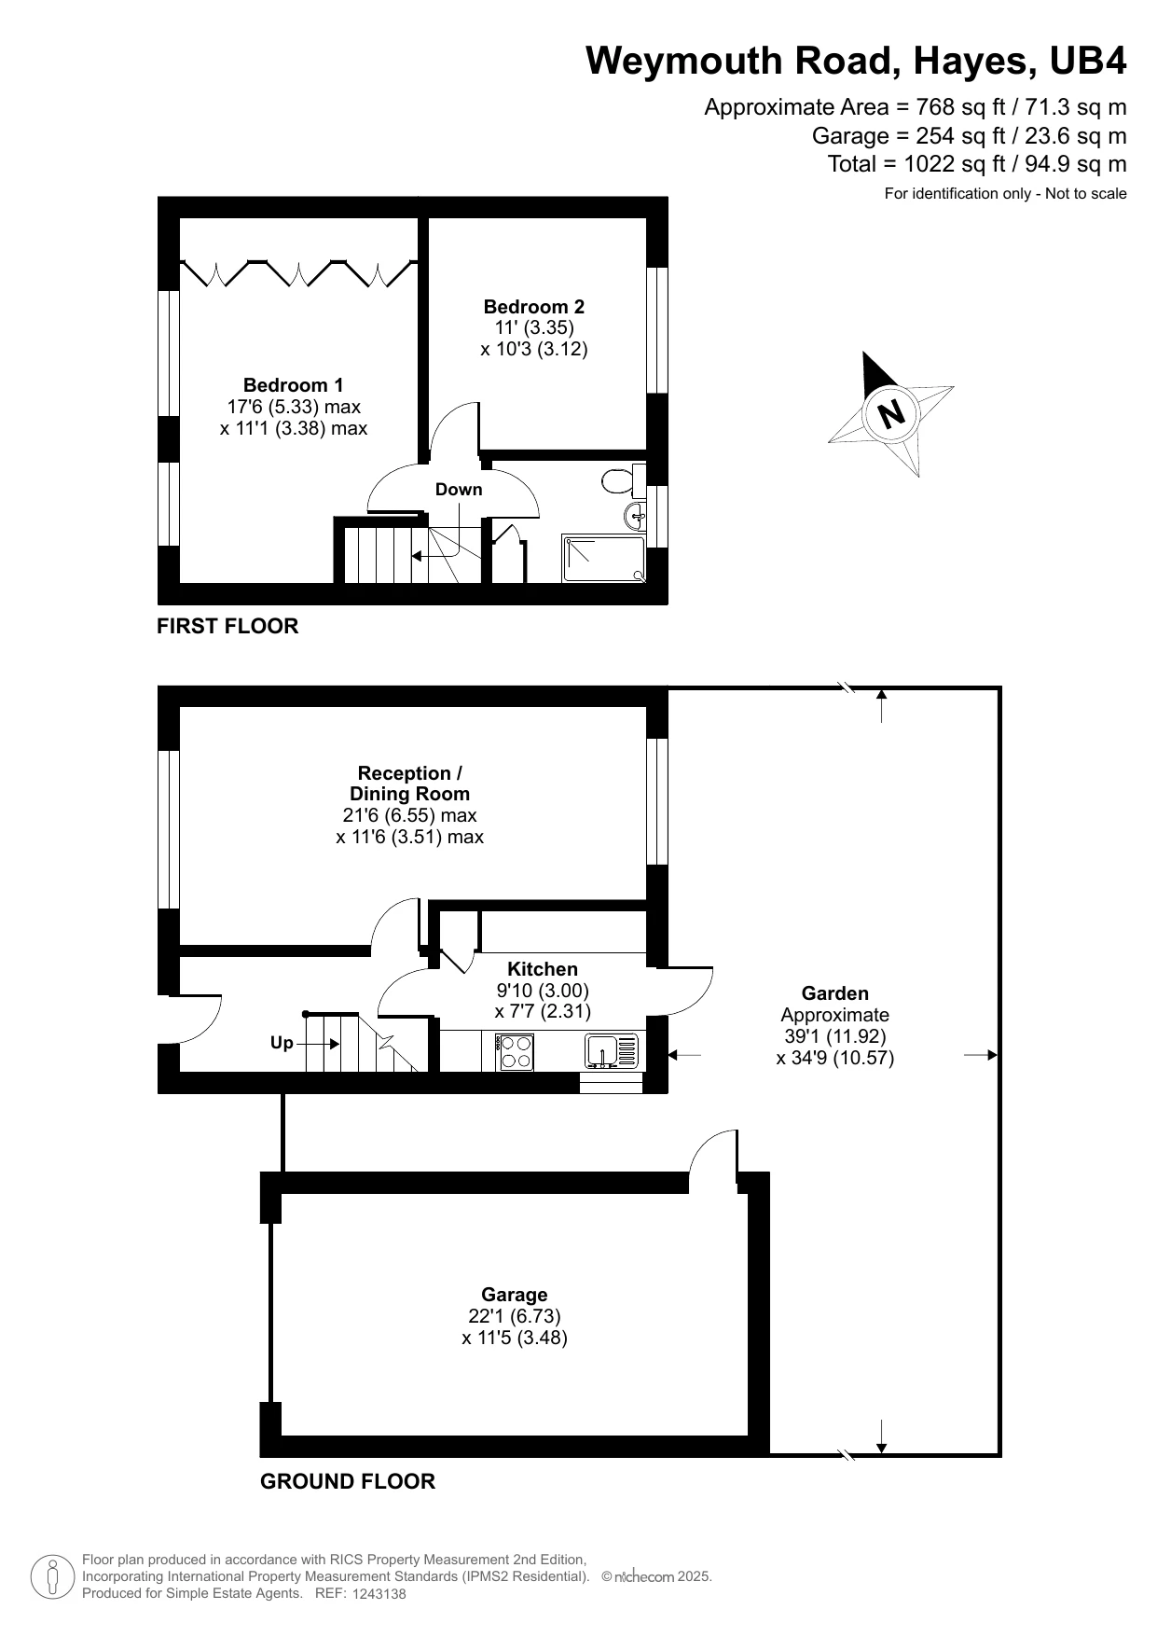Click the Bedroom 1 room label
click(x=293, y=385)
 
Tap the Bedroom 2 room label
click(x=533, y=307)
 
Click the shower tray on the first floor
click(x=603, y=559)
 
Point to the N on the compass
click(x=893, y=411)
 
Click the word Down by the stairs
click(x=459, y=490)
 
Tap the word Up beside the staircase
click(x=282, y=1043)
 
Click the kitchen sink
click(x=613, y=1051)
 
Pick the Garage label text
click(x=514, y=1295)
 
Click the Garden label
click(x=835, y=994)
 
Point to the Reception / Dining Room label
click(x=409, y=784)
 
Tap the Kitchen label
click(x=543, y=969)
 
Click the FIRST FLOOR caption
click(x=227, y=626)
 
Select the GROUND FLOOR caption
click(x=348, y=1481)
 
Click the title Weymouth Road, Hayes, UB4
click(x=856, y=61)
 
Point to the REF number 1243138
click(x=379, y=1594)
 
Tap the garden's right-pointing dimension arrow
click(x=981, y=1055)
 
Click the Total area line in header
click(x=977, y=164)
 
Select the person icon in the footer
click(x=52, y=1576)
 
